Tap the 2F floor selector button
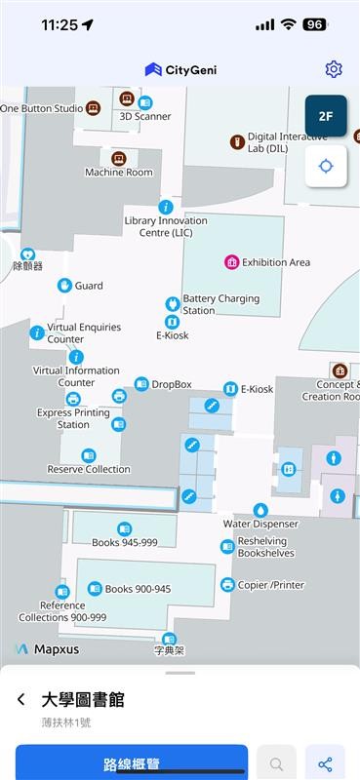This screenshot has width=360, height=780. pos(326,115)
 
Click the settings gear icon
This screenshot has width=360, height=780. pos(334,68)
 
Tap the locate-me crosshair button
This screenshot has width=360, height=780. pos(326,166)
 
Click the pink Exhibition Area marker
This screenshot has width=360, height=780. pos(232,261)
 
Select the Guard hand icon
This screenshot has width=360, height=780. pos(64,286)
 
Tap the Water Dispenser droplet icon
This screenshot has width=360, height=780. pos(260,510)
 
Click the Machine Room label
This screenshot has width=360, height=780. pos(119,173)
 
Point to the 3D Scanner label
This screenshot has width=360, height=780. pos(145,117)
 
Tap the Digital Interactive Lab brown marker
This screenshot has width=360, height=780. pos(236,142)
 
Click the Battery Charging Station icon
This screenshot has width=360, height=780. pos(173,303)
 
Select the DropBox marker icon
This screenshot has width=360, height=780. pos(141,384)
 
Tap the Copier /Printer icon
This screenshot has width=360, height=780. pos(227,585)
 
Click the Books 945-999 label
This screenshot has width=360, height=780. pos(124,543)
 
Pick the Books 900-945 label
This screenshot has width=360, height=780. pos(138,589)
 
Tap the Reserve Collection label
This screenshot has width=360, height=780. pos(89,469)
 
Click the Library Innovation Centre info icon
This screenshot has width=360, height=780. pos(166,207)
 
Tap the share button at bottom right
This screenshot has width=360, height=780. pos(325,764)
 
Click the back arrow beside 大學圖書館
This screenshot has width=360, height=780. pos(21,700)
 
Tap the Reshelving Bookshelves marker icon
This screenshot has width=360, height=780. pos(227,546)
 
